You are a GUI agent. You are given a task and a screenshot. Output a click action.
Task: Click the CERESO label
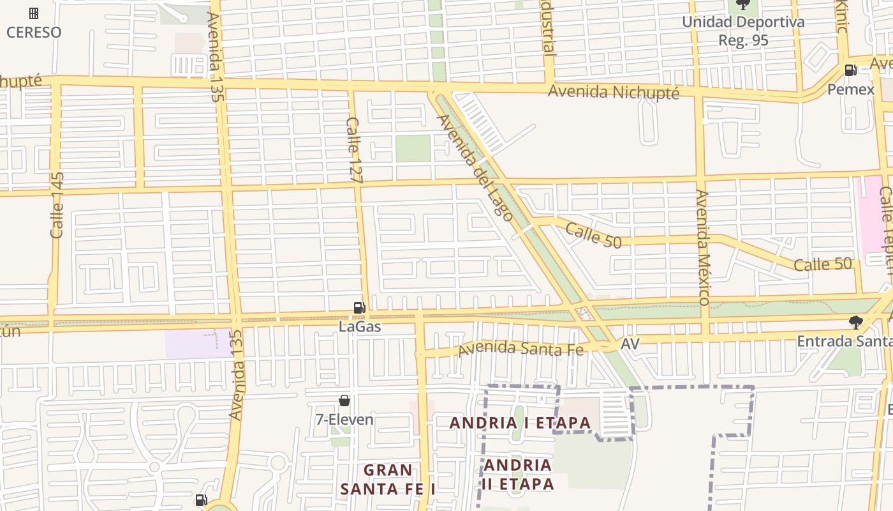(x=34, y=32)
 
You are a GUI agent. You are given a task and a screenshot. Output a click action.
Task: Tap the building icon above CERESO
(x=34, y=13)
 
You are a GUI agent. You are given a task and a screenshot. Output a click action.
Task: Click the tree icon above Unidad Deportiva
(x=743, y=5)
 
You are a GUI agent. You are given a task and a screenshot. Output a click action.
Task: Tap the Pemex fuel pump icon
(x=850, y=70)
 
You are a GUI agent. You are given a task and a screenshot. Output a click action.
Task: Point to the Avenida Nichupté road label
(x=614, y=92)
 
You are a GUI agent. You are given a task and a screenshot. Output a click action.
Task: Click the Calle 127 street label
(x=354, y=151)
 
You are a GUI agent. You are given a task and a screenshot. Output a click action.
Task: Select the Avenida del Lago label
(x=475, y=167)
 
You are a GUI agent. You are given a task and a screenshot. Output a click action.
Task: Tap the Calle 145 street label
(x=57, y=205)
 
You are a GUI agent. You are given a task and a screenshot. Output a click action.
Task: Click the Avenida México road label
(x=702, y=247)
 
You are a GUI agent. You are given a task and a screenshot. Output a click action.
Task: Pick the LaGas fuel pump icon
(x=360, y=308)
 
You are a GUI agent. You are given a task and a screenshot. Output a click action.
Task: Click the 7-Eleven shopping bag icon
(x=344, y=400)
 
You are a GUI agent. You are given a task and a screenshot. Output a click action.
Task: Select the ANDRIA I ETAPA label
(x=520, y=423)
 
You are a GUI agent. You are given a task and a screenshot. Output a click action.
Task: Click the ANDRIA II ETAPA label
(x=517, y=474)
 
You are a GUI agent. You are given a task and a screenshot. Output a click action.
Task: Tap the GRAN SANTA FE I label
(x=387, y=479)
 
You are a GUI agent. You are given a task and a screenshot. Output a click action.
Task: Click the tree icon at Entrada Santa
(x=856, y=323)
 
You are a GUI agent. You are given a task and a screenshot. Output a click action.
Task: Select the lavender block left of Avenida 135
(x=191, y=344)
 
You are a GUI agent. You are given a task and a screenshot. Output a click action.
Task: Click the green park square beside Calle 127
(x=413, y=148)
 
